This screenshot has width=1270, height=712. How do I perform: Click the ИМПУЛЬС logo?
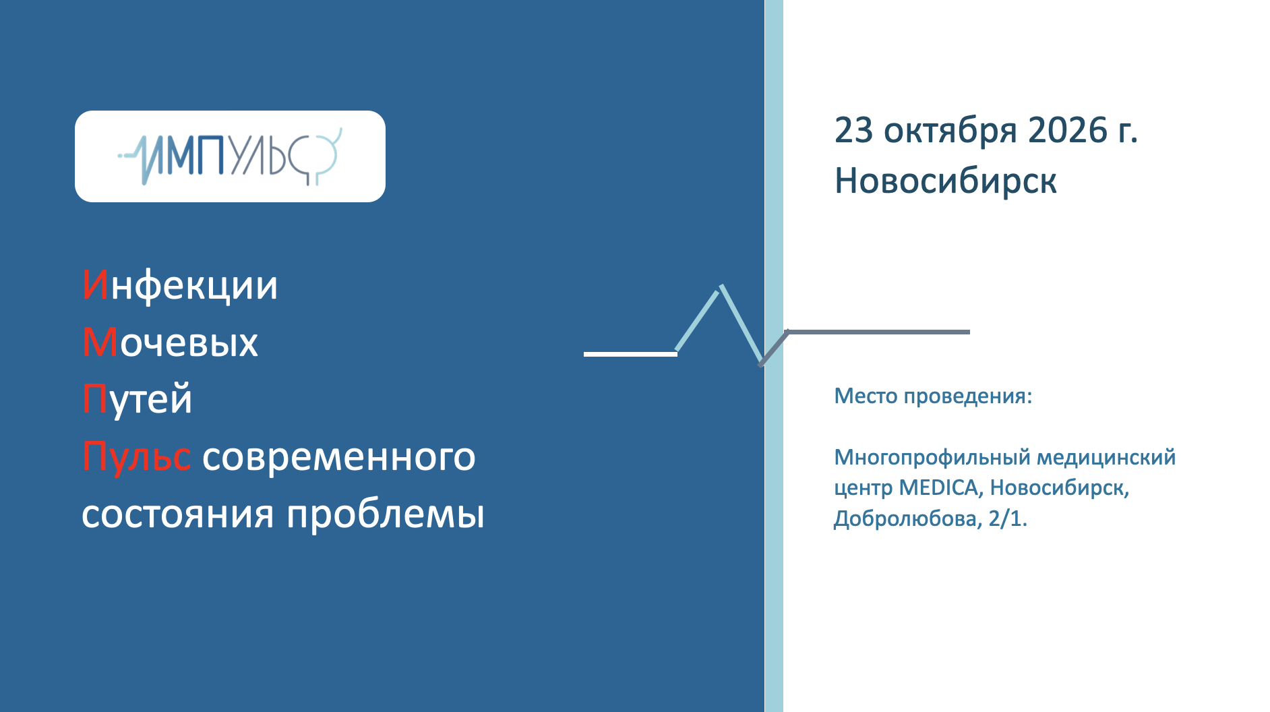click(230, 156)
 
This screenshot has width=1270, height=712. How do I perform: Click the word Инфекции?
click(180, 285)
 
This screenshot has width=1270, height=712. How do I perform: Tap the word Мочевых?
click(170, 342)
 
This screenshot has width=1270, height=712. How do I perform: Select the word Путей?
click(137, 399)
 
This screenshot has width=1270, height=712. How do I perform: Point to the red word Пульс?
click(136, 456)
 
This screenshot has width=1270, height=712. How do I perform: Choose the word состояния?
click(178, 514)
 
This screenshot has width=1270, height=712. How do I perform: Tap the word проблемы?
click(386, 514)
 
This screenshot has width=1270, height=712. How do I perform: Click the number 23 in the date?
click(854, 130)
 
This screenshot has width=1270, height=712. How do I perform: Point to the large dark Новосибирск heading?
click(946, 181)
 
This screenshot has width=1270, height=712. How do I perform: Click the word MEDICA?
click(938, 487)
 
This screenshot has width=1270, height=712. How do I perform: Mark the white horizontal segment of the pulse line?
click(630, 354)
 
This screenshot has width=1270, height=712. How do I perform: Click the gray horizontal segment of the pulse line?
click(878, 332)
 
